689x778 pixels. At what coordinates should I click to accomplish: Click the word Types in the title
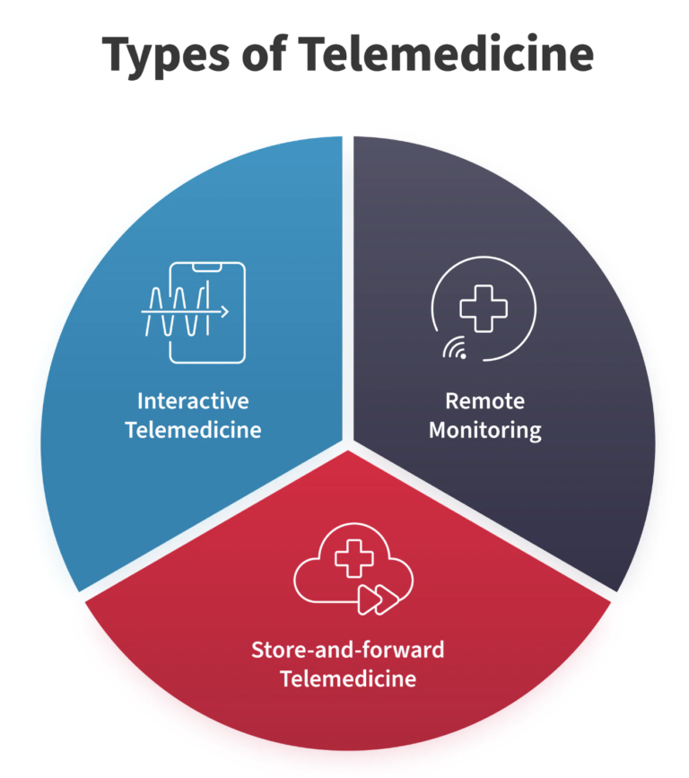pyautogui.click(x=165, y=55)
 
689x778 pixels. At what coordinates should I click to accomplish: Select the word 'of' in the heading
pyautogui.click(x=265, y=52)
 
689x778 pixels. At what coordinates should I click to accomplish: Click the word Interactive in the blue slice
pyautogui.click(x=193, y=401)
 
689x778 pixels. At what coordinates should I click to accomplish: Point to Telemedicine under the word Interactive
pyautogui.click(x=193, y=430)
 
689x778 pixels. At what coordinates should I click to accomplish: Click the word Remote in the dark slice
pyautogui.click(x=484, y=401)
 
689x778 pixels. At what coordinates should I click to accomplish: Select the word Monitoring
pyautogui.click(x=485, y=431)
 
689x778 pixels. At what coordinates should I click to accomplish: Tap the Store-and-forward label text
pyautogui.click(x=348, y=650)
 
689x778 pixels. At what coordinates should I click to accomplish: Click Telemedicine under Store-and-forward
pyautogui.click(x=348, y=678)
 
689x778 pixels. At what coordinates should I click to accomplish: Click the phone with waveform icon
pyautogui.click(x=194, y=312)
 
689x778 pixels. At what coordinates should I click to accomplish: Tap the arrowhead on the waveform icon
pyautogui.click(x=224, y=312)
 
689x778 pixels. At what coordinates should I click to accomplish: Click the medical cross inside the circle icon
pyautogui.click(x=484, y=308)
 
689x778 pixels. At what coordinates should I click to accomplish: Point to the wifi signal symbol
pyautogui.click(x=455, y=348)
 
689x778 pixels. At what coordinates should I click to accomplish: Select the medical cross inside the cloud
pyautogui.click(x=353, y=558)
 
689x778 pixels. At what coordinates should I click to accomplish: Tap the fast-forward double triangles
pyautogui.click(x=378, y=599)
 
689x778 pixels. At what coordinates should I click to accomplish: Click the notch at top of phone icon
pyautogui.click(x=207, y=267)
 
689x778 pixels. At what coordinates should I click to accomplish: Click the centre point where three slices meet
pyautogui.click(x=348, y=444)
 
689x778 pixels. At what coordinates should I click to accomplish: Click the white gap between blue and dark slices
pyautogui.click(x=348, y=288)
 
